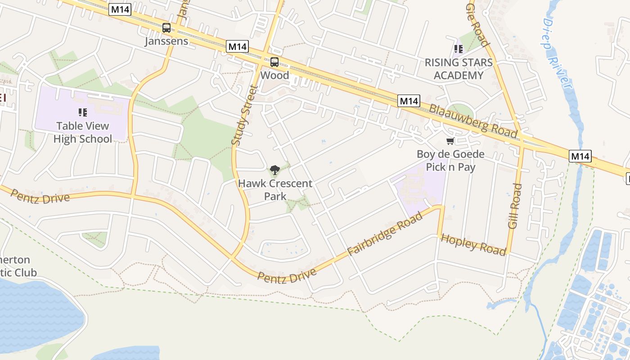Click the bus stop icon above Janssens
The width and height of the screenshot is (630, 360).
[166, 28]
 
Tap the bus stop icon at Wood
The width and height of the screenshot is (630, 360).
[274, 62]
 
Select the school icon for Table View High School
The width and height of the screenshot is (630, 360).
[82, 112]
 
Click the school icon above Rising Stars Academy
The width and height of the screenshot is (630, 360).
[459, 49]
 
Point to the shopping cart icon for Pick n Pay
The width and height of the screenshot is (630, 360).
[450, 141]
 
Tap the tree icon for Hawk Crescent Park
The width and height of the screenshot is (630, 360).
[274, 170]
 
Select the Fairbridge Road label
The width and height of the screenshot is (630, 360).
[385, 234]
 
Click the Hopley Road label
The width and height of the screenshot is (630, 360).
[473, 244]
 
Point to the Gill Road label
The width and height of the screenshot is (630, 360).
[515, 206]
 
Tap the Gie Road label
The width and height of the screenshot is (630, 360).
[477, 25]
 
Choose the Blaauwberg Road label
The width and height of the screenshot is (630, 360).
[473, 121]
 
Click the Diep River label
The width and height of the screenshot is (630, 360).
[558, 54]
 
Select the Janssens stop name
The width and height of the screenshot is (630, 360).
[166, 41]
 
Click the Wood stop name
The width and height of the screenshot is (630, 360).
[274, 75]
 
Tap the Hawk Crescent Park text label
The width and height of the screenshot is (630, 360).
[275, 190]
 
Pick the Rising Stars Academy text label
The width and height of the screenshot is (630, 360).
[459, 69]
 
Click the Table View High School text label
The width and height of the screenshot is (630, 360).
[83, 132]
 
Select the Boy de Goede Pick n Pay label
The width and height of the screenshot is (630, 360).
[450, 161]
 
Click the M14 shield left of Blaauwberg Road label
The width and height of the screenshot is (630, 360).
[409, 101]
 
